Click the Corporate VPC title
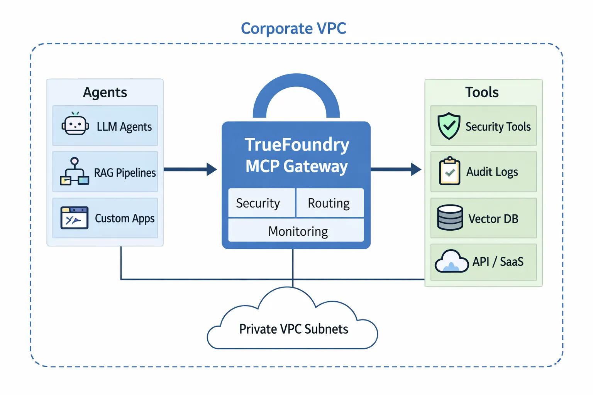(293, 29)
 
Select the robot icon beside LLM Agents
(75, 124)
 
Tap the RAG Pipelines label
(125, 172)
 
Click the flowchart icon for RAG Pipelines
(74, 172)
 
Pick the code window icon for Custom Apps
(74, 218)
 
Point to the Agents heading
(105, 93)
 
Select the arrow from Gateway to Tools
(396, 169)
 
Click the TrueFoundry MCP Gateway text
(296, 155)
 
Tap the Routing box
(329, 203)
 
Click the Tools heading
(482, 93)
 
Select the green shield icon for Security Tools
(449, 126)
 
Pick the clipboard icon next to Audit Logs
(449, 171)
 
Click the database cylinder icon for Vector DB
(450, 218)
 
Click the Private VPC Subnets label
(293, 329)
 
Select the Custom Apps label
(125, 218)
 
